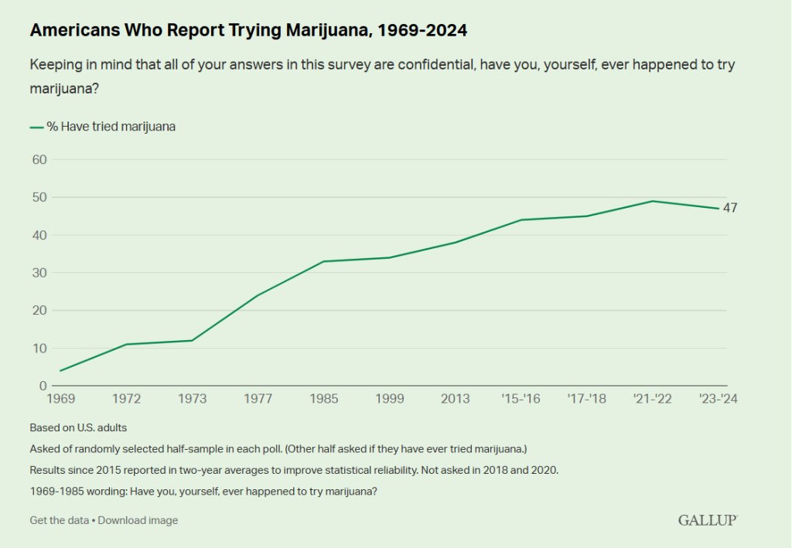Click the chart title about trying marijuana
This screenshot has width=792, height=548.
tap(248, 31)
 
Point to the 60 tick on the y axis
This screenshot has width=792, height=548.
tap(39, 160)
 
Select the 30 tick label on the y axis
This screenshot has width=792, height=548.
tap(39, 273)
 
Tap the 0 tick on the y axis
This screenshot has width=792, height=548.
tap(43, 386)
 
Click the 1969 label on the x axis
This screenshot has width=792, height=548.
tap(60, 399)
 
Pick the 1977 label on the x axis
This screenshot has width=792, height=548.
tap(258, 399)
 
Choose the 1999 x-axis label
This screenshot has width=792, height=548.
tap(390, 399)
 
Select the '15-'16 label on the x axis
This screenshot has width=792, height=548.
tap(521, 399)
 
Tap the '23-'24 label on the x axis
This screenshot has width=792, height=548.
tap(719, 399)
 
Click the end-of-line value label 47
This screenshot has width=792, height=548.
tap(730, 208)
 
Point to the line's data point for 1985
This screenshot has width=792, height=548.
tap(324, 261)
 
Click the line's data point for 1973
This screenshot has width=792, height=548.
tap(192, 340)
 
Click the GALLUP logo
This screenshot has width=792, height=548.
tap(708, 520)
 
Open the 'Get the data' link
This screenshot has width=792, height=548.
tap(59, 520)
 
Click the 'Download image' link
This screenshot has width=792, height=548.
tap(138, 520)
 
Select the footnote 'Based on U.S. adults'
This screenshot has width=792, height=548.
tap(78, 427)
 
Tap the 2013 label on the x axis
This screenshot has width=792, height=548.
tap(456, 399)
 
